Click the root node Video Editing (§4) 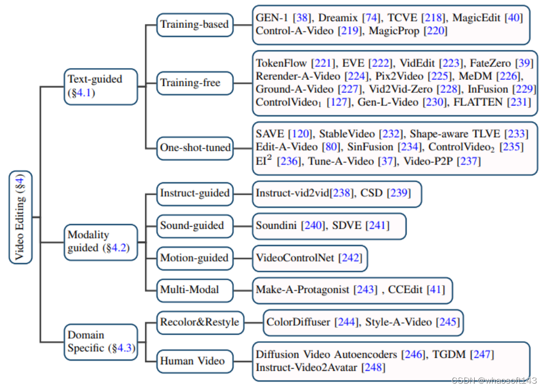pos(21,217)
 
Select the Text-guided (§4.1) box pos(100,86)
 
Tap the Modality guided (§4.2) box pos(100,242)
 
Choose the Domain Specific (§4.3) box pos(100,341)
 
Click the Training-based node pos(194,25)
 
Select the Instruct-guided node pos(195,193)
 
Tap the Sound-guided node pos(192,226)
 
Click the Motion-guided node pos(194,258)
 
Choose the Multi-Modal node pos(189,289)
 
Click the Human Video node pos(192,361)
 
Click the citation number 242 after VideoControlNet pos(350,258)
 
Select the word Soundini pos(276,226)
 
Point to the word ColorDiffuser pos(299,323)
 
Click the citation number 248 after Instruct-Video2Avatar pos(373,367)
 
